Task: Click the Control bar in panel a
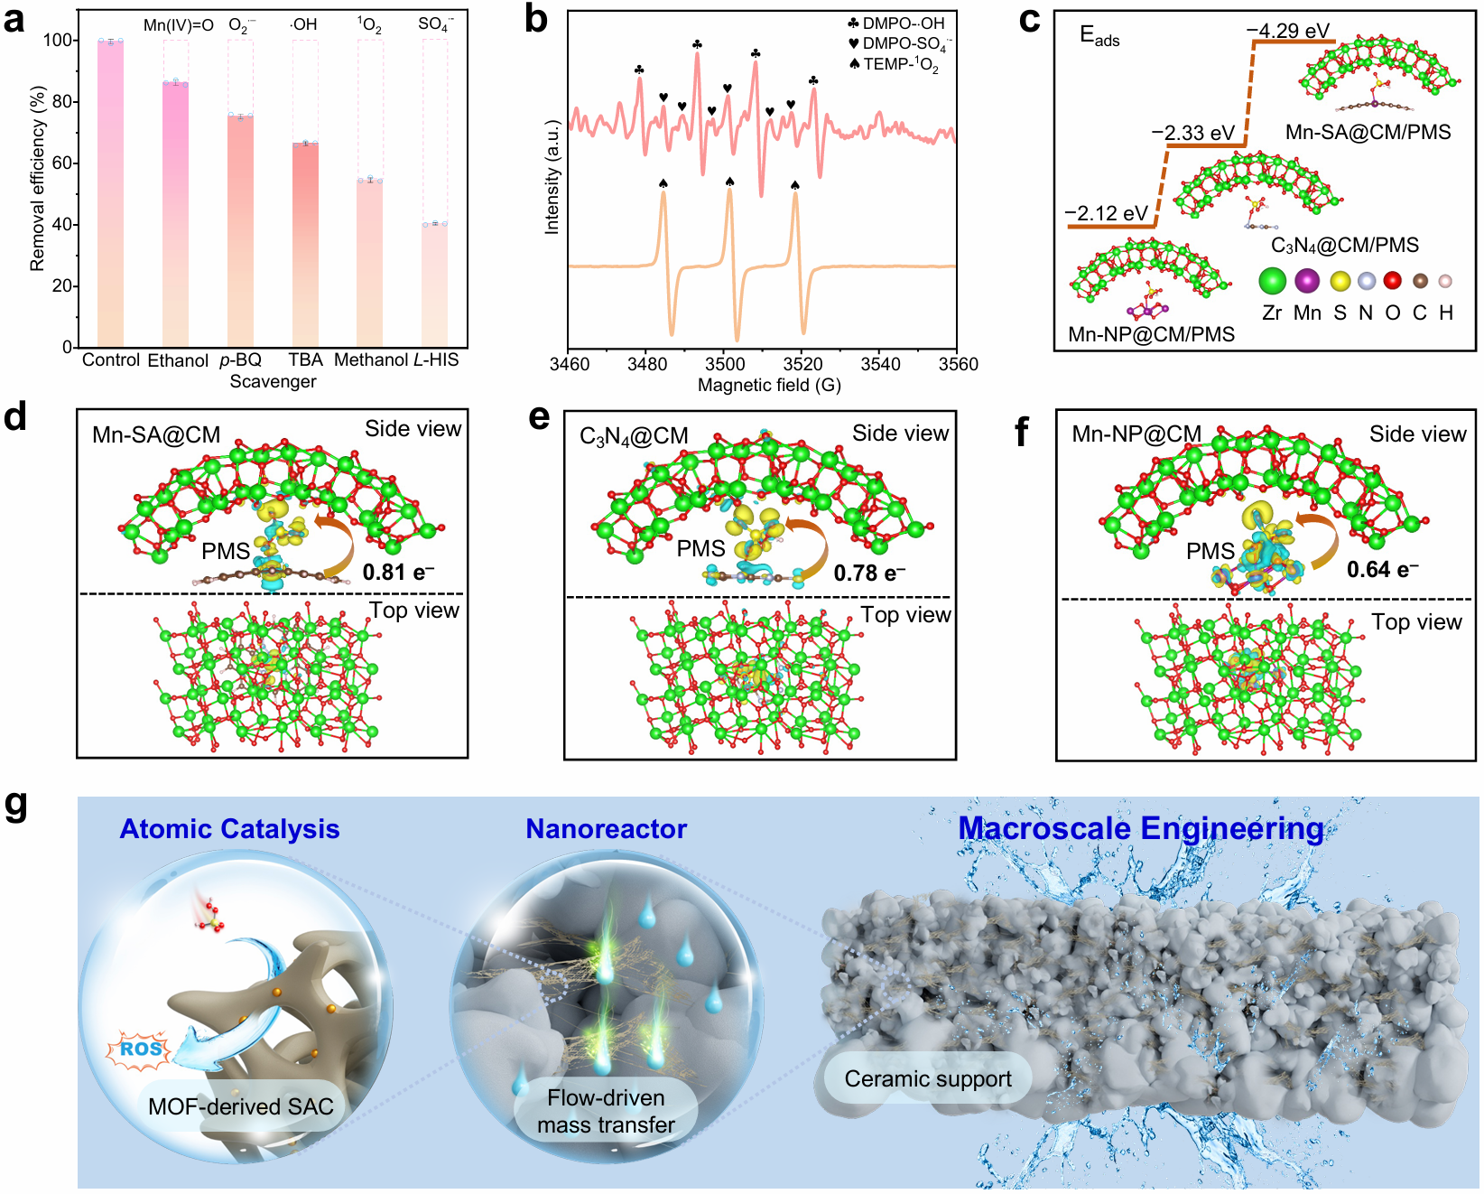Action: click(110, 193)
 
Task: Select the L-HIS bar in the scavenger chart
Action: click(434, 285)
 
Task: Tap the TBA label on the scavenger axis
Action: click(305, 359)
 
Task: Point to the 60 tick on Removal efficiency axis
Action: click(62, 163)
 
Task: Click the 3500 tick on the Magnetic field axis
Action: click(725, 364)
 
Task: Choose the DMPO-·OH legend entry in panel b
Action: click(896, 23)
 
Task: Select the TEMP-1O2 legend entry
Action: click(894, 65)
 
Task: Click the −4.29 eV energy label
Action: click(1288, 31)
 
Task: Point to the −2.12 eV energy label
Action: click(1106, 214)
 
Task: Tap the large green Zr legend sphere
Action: click(1272, 281)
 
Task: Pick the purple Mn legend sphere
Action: click(1307, 281)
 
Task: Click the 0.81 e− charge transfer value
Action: click(398, 573)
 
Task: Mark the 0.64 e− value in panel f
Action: click(1382, 570)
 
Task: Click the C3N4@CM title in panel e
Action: click(634, 437)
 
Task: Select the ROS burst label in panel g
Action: click(141, 1049)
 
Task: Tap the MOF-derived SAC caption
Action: click(240, 1106)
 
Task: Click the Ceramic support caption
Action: click(928, 1079)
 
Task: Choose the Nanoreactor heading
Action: click(606, 829)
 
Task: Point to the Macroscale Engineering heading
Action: click(1140, 828)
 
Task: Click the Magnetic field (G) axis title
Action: click(769, 386)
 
